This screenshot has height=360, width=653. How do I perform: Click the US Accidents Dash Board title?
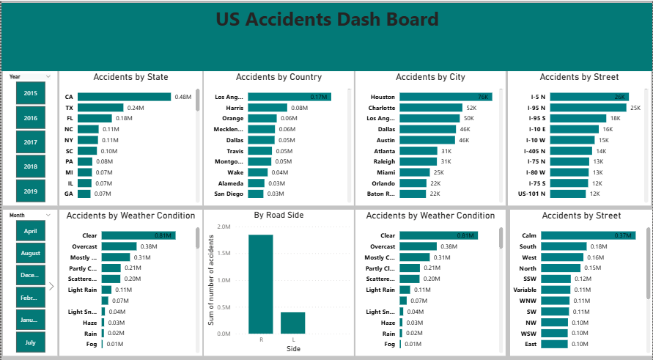[327, 20]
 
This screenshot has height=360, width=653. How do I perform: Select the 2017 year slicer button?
[31, 142]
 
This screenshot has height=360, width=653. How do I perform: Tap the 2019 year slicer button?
[31, 191]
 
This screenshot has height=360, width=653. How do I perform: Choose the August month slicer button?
[31, 253]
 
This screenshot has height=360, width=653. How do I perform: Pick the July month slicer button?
[31, 342]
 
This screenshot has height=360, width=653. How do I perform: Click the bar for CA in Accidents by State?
[124, 97]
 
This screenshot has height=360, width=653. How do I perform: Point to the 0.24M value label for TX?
[135, 108]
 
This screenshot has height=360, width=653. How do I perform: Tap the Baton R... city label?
[381, 194]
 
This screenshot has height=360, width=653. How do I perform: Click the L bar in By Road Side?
[292, 323]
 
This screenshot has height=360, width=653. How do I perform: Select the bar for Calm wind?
[592, 235]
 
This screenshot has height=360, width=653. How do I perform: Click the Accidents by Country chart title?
[278, 77]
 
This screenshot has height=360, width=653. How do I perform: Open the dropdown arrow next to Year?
[48, 76]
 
